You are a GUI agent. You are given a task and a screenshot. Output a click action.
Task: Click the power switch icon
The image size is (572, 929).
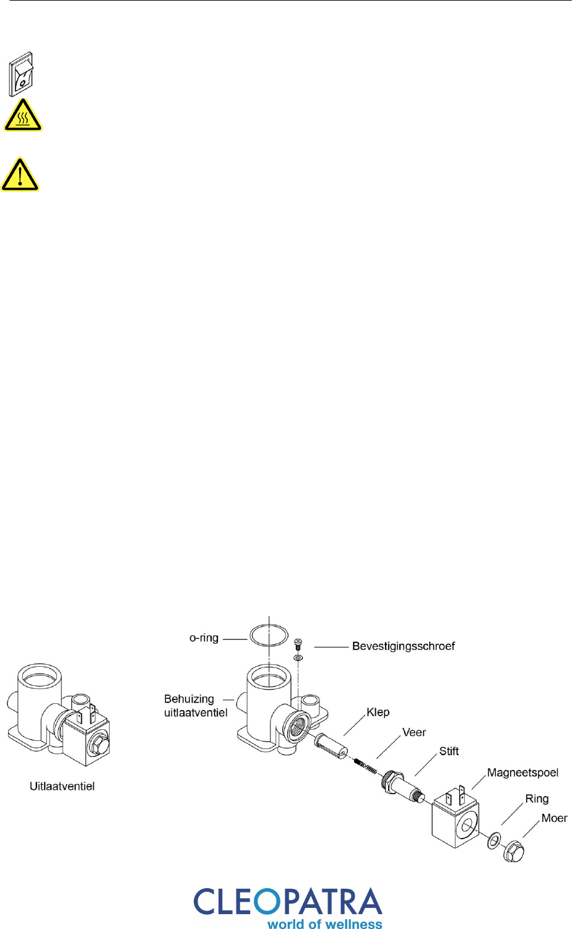[21, 74]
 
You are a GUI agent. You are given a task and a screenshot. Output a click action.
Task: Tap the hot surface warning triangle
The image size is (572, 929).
[23, 116]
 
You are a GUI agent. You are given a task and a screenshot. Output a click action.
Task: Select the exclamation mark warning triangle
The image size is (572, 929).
[20, 174]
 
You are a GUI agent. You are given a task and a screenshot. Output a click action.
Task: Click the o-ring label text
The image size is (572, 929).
[204, 638]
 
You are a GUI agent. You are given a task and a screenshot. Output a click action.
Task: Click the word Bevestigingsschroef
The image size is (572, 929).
[404, 646]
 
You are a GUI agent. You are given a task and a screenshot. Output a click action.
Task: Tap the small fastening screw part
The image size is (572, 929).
[298, 644]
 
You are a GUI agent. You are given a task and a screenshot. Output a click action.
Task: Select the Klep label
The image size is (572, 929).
[378, 712]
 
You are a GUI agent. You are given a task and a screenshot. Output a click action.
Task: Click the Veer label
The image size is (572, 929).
[414, 732]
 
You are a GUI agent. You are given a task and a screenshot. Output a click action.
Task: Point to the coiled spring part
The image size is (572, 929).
[366, 766]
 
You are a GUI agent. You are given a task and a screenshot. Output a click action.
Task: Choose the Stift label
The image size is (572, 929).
[449, 751]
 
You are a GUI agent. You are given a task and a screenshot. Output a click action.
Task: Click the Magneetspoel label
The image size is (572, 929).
[522, 773]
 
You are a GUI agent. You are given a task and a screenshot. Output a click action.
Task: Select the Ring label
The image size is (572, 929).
[537, 798]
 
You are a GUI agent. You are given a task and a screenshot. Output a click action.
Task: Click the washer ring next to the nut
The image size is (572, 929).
[494, 841]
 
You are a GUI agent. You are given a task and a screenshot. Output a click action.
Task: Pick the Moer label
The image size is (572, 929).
[554, 818]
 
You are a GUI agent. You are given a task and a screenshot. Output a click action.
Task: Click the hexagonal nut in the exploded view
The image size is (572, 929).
[514, 851]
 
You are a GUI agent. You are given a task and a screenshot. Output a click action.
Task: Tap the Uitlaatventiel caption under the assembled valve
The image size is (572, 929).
[63, 786]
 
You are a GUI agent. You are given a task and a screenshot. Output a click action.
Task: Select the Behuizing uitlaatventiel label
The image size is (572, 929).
[196, 706]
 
